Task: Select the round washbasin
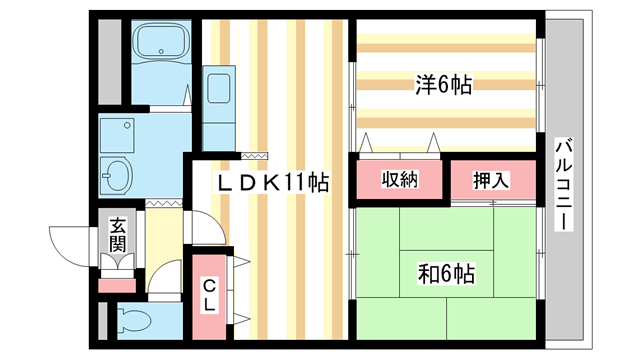(118, 175)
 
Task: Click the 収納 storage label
(397, 180)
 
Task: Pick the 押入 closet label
(491, 180)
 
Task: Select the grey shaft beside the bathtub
(110, 60)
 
